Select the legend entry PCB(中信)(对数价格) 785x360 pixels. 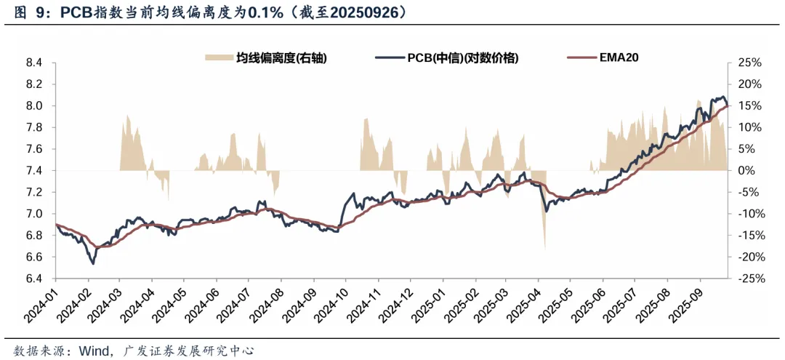tap(462, 58)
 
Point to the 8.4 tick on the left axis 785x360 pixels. tap(34, 63)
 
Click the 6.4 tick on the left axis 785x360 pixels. tap(34, 279)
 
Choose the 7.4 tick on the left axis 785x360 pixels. tap(34, 171)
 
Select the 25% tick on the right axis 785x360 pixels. tap(748, 63)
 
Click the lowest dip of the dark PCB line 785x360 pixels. tap(92, 263)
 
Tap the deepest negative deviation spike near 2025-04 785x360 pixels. tap(544, 247)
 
